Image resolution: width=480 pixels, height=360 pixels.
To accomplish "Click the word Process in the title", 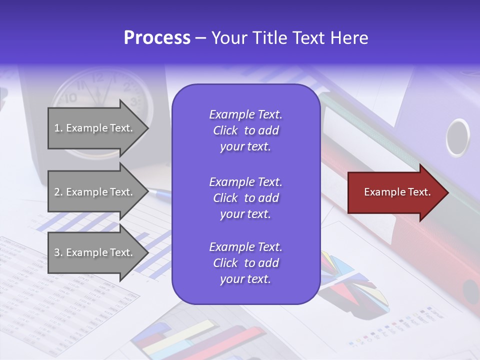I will point(157,38).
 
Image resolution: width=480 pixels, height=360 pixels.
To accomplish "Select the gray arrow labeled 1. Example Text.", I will point(95,128).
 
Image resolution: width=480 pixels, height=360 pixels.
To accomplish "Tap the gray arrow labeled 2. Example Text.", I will point(95,192).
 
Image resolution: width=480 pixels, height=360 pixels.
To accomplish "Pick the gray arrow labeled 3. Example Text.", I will point(95,252).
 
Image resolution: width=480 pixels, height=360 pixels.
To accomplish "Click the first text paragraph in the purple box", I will point(245,130).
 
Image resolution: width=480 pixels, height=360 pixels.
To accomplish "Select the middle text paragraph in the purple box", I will point(245,198).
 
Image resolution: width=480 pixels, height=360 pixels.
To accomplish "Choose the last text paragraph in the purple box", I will point(245,263).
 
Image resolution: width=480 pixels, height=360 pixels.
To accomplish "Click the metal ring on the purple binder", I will point(457,137).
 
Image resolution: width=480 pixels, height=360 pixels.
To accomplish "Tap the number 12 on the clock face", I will point(98,77).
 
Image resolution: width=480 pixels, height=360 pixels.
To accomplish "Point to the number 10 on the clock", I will point(70,97).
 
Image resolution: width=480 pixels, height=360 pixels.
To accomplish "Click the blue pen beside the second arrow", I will point(160,192).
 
